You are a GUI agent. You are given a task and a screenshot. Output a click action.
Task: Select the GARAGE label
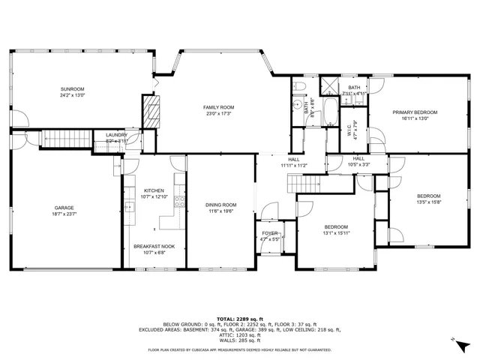pyautogui.click(x=63, y=208)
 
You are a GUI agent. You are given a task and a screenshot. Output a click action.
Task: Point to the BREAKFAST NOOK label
pyautogui.click(x=154, y=246)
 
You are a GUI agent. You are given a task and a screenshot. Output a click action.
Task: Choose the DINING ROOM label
pyautogui.click(x=220, y=205)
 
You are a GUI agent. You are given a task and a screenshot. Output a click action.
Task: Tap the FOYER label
pyautogui.click(x=269, y=233)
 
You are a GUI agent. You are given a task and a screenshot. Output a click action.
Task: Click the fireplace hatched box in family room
pyautogui.click(x=152, y=110)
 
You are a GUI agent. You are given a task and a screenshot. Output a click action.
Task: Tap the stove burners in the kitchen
pyautogui.click(x=178, y=201)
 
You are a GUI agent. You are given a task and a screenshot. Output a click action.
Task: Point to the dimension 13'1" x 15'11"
pyautogui.click(x=335, y=233)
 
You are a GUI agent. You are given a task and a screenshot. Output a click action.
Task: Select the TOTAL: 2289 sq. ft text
pyautogui.click(x=239, y=318)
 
